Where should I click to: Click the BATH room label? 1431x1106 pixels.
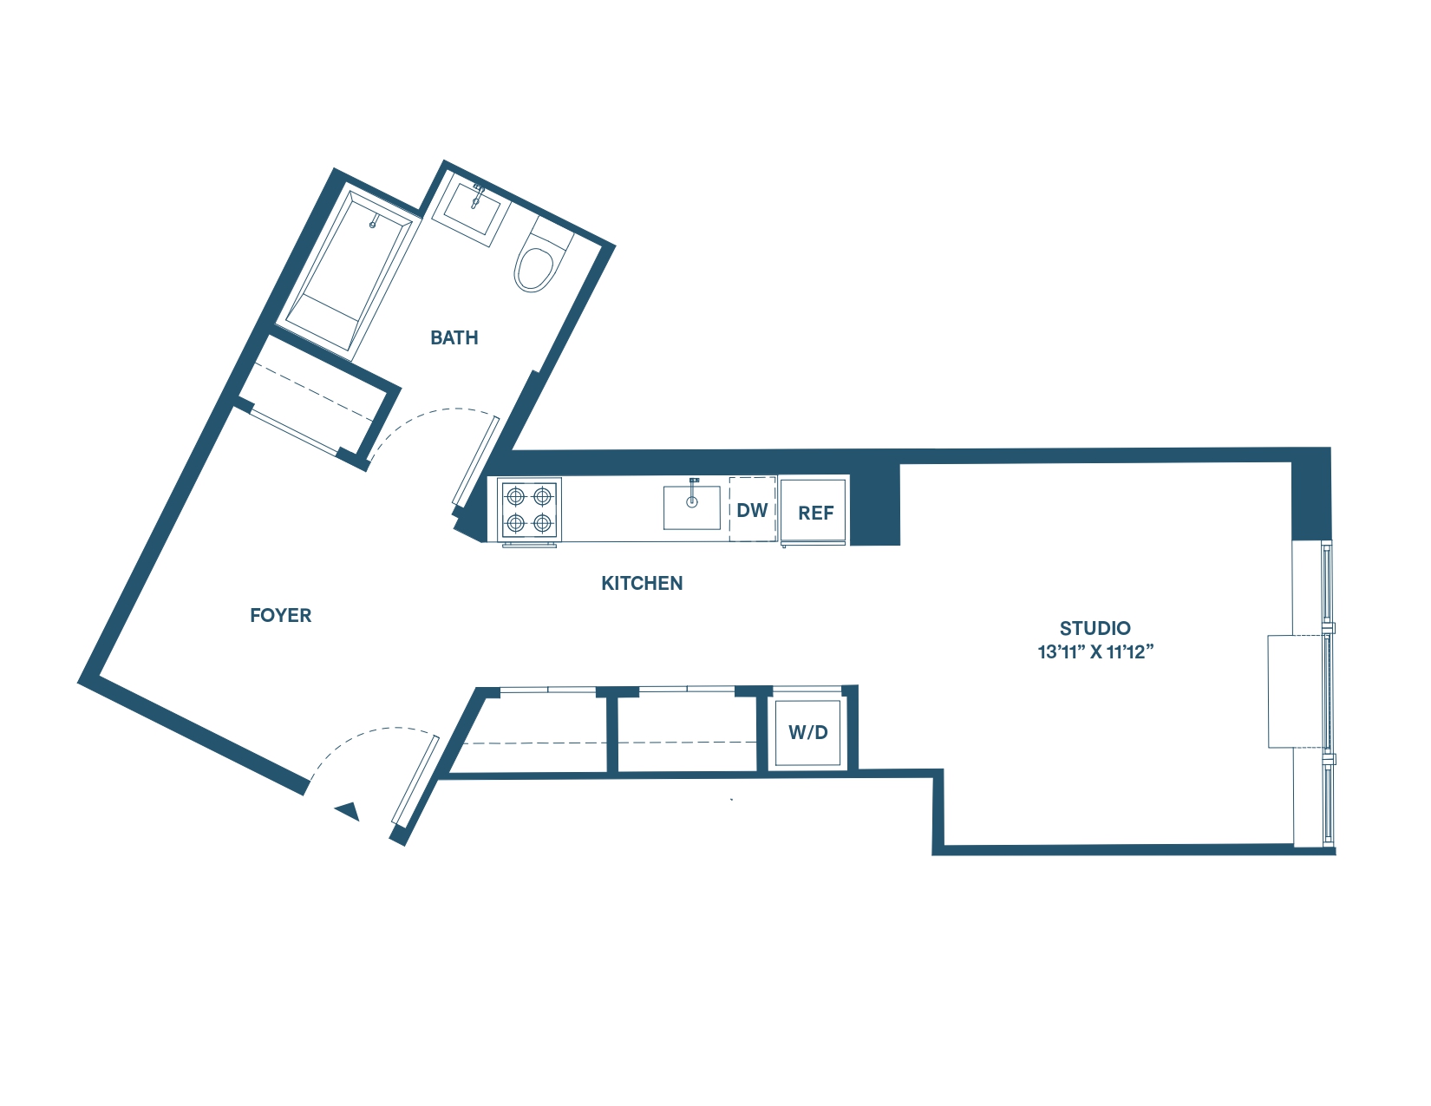[454, 337]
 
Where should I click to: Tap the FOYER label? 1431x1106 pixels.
[280, 615]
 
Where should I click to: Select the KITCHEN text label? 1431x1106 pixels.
[642, 583]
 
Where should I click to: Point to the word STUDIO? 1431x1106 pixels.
[1094, 628]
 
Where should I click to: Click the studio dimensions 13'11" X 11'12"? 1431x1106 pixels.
[1095, 651]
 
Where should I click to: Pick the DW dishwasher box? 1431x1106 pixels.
[752, 510]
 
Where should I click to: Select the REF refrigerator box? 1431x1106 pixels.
[814, 512]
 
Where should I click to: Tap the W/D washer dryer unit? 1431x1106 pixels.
[807, 732]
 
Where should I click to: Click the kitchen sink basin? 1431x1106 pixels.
[691, 508]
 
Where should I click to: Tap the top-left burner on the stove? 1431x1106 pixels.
[516, 496]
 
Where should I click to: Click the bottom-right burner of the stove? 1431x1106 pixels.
[543, 523]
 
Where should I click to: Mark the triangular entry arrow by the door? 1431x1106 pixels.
[349, 812]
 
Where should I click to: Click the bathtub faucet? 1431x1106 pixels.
[373, 223]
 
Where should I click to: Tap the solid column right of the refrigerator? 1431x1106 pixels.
[875, 505]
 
